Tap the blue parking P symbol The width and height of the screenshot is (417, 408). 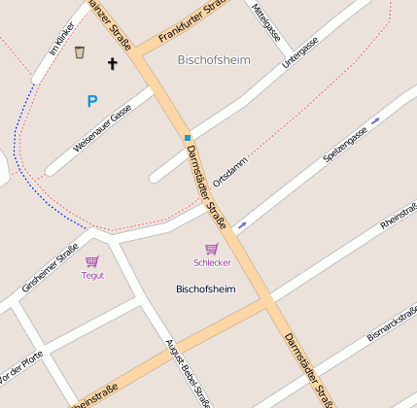[x=92, y=101]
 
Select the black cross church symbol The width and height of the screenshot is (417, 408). [x=112, y=64]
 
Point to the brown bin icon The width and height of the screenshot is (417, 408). [x=80, y=52]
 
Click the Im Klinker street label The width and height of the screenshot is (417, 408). [x=61, y=38]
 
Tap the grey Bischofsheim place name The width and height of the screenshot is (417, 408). [x=214, y=60]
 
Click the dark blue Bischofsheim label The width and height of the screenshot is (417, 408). [x=205, y=289]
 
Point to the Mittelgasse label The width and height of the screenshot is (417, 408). [x=264, y=17]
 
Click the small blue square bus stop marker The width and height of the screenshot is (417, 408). [x=188, y=138]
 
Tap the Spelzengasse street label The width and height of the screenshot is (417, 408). [x=344, y=145]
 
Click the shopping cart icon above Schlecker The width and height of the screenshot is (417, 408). [x=211, y=249]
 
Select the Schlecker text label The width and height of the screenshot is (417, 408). [x=212, y=263]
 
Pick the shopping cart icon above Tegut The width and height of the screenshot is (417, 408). [x=92, y=261]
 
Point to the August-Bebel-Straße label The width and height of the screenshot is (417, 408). [x=189, y=369]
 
